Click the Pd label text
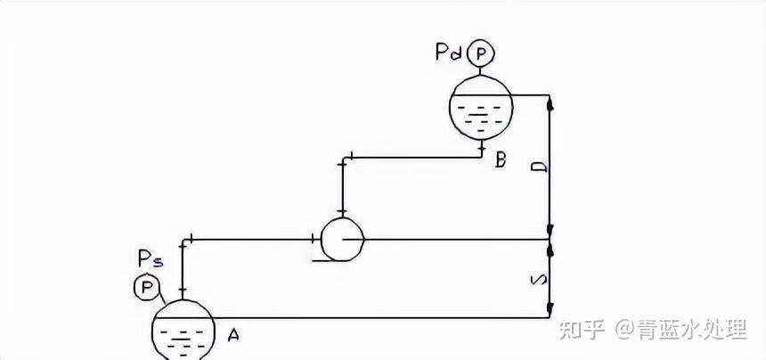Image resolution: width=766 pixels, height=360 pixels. pos(449,53)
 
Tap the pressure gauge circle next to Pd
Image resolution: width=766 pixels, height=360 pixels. pos(482,53)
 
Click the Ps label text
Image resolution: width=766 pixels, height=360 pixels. pos(150,259)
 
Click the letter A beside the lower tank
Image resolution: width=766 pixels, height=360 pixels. pos(233,335)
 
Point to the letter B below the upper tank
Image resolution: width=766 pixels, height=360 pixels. pos(501,160)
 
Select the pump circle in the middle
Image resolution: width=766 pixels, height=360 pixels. pos(342,238)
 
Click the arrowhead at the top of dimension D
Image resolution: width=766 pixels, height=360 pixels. pos(551,101)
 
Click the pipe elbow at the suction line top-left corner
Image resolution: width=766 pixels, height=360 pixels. pos(183,240)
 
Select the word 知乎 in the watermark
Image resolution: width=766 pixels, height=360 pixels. pos(580,331)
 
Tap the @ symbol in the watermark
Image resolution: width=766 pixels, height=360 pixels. pos(623,331)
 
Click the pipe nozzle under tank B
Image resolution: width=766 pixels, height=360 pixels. pos(482,147)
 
